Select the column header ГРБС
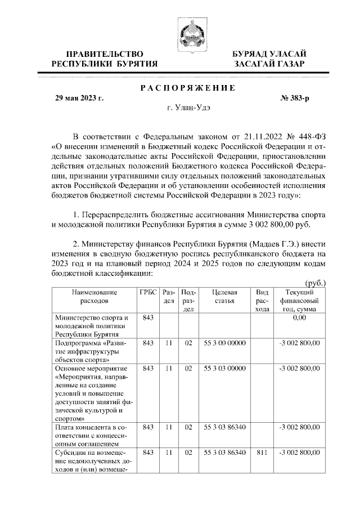[148, 292]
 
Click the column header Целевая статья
[224, 296]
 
